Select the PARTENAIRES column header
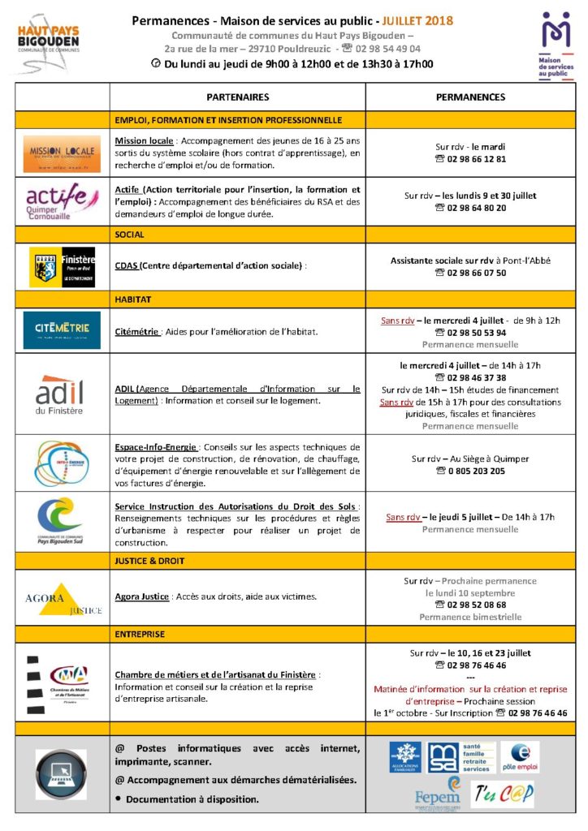click(237, 97)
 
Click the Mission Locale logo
click(62, 153)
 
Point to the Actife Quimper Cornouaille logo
click(61, 201)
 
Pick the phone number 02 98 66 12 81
click(476, 159)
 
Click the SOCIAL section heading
click(130, 235)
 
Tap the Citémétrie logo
click(62, 330)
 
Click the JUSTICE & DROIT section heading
click(150, 561)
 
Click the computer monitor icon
click(61, 775)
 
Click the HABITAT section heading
click(134, 299)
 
